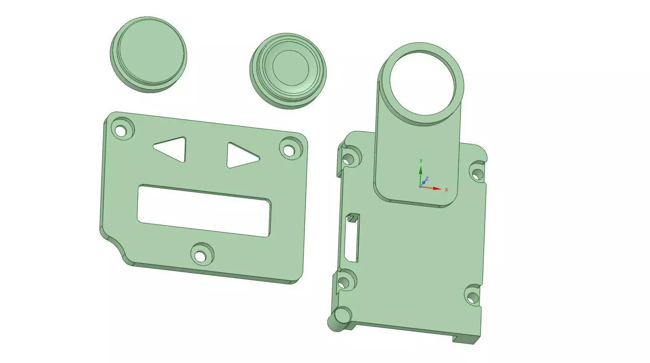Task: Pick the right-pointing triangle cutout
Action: point(240,155)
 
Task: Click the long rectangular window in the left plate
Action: point(204,210)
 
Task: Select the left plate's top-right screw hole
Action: point(289,150)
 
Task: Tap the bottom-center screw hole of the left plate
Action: point(200,256)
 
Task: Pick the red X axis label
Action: point(447,190)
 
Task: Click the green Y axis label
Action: point(421,161)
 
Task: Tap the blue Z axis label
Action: point(427,179)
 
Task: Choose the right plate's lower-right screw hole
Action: point(472,298)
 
